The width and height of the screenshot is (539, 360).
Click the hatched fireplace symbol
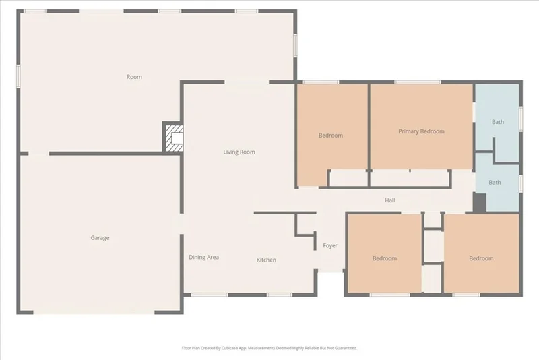175,138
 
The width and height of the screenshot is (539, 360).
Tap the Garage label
100,237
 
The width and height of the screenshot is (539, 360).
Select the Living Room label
239,152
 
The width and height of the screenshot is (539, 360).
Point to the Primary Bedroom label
422,131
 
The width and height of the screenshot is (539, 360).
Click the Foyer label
330,245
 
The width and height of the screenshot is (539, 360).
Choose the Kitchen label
266,260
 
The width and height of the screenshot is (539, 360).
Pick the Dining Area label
204,257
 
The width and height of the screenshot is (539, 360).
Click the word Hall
390,200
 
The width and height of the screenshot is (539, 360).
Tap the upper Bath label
498,122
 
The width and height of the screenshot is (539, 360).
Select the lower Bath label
495,182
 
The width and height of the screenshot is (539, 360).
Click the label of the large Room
134,77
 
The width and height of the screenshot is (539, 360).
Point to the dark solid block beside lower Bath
480,203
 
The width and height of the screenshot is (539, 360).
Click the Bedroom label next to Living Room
331,135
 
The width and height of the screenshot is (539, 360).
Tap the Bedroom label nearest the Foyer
385,258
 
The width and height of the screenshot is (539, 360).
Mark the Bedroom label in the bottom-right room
481,258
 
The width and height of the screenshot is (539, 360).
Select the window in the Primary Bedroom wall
417,82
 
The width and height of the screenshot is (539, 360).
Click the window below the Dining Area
210,295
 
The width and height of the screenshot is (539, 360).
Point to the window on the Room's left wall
19,76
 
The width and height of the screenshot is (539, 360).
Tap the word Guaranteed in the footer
346,348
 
